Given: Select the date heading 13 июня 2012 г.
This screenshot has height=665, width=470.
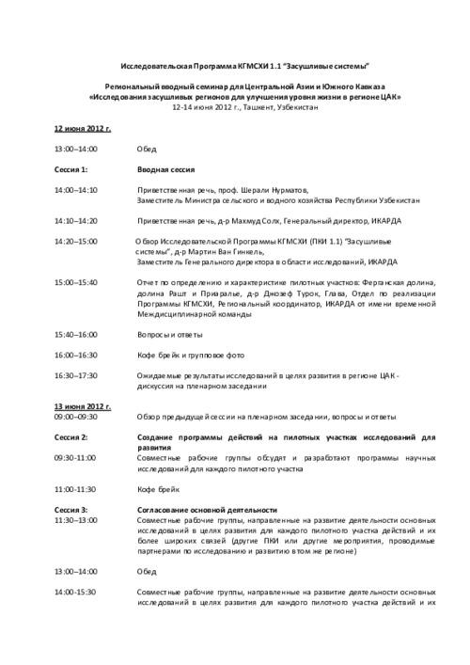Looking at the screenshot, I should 82,405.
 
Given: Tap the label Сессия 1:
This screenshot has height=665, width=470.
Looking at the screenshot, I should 71,169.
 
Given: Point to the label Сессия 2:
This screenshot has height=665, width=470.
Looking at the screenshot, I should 71,438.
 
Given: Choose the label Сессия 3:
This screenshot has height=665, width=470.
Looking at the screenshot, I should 71,509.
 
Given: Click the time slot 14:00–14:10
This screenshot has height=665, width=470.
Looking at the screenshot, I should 75,190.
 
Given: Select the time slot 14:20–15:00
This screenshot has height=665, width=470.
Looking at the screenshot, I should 75,242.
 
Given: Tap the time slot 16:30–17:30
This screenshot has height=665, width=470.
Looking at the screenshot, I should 75,375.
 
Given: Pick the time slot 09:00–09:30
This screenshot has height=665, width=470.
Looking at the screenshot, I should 75,416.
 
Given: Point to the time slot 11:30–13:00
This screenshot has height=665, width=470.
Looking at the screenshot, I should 75,519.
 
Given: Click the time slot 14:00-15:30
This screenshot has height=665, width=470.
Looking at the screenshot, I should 75,592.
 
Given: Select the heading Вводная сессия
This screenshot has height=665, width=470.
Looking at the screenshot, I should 165,169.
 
